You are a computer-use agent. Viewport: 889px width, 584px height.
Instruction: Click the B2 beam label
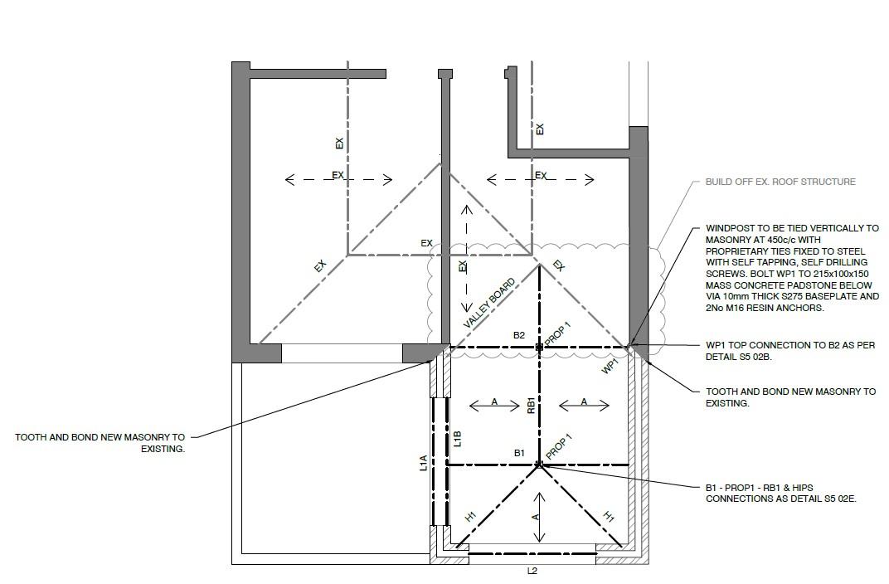click(x=518, y=336)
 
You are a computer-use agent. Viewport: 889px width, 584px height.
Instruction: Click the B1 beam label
click(x=519, y=453)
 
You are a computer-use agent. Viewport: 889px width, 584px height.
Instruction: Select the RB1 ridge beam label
click(x=531, y=405)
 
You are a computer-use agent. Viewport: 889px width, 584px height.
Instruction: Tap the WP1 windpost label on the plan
click(x=610, y=366)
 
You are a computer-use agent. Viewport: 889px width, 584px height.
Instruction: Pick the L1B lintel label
click(x=457, y=439)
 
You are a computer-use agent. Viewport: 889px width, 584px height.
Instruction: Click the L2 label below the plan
click(x=532, y=571)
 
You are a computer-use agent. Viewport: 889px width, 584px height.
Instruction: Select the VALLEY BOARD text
click(x=489, y=301)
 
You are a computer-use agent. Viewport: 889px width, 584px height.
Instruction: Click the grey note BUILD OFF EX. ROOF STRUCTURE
click(x=780, y=182)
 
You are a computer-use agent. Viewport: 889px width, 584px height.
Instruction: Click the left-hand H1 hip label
click(x=470, y=517)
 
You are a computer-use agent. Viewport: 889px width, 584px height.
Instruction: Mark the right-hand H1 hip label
click(x=608, y=517)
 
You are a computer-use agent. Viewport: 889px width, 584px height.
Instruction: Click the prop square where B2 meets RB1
click(x=539, y=347)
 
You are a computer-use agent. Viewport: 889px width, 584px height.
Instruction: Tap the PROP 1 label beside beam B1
click(x=559, y=447)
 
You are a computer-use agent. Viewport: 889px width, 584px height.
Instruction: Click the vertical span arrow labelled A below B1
click(x=539, y=517)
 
